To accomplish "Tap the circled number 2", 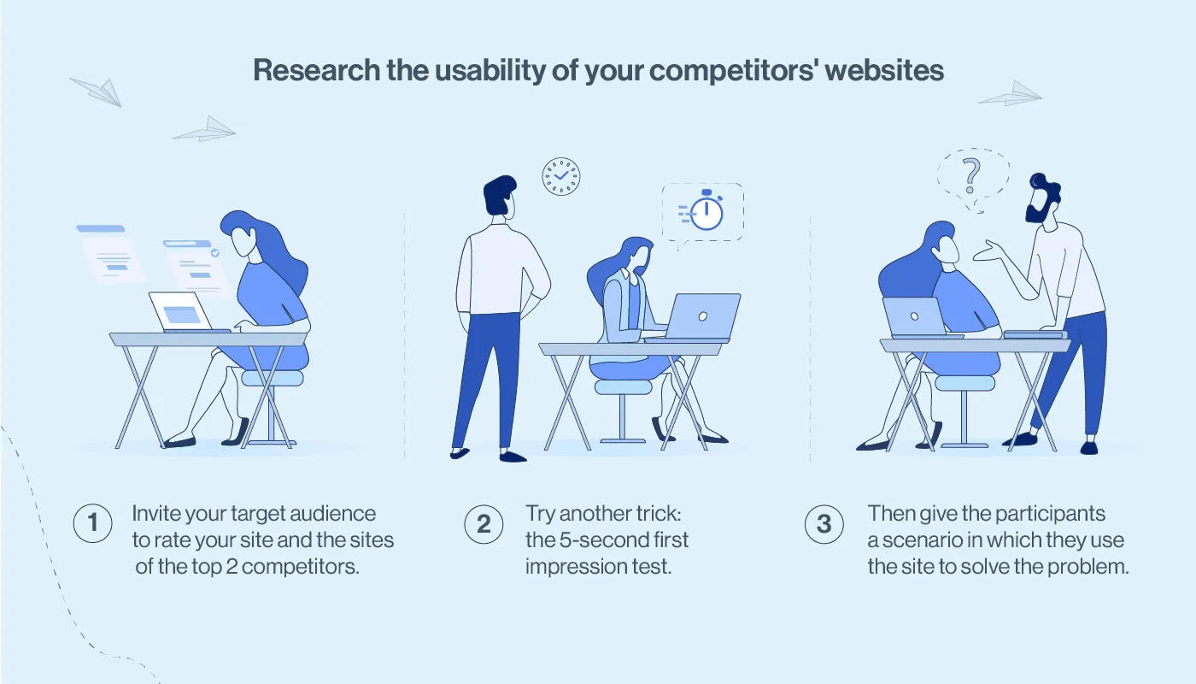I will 484,524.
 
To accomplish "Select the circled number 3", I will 824,524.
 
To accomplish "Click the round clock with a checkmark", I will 561,176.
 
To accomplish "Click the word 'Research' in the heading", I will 311,70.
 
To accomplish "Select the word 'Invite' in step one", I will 155,514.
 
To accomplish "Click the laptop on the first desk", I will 181,312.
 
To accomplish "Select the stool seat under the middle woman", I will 623,386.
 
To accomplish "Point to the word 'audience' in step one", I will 333,514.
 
